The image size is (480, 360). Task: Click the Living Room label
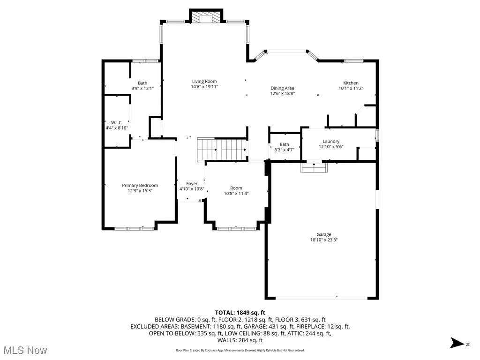pyautogui.click(x=204, y=81)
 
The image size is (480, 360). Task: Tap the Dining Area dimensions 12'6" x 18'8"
pyautogui.click(x=282, y=93)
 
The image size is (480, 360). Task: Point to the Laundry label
pyautogui.click(x=330, y=141)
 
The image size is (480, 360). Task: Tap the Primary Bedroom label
pyautogui.click(x=140, y=185)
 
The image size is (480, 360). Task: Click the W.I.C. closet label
pyautogui.click(x=117, y=122)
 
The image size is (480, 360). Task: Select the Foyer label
pyautogui.click(x=192, y=183)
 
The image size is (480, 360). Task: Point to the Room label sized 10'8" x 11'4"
pyautogui.click(x=236, y=188)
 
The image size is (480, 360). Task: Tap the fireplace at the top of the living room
pyautogui.click(x=206, y=17)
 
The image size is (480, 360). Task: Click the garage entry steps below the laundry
pyautogui.click(x=314, y=166)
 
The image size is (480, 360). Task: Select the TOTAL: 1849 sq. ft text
pyautogui.click(x=240, y=312)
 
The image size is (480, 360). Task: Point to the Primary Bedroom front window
pyautogui.click(x=135, y=229)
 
